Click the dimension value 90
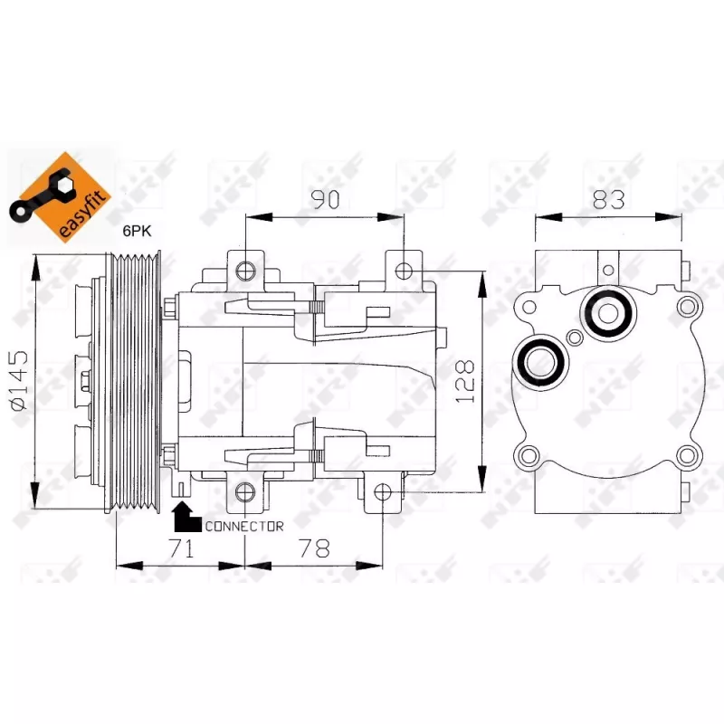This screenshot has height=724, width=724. [x=326, y=199]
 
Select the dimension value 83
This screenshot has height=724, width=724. [x=608, y=199]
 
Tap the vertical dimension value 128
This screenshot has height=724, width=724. [x=465, y=381]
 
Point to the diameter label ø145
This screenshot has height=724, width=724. [x=18, y=380]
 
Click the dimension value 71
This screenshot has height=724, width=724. [x=182, y=548]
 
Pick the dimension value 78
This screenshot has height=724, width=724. [x=314, y=548]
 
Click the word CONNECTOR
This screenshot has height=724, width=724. [x=244, y=527]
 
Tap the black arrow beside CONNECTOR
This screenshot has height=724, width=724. [x=187, y=517]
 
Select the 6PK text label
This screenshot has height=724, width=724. [x=137, y=231]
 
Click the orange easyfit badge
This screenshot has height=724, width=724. [x=60, y=197]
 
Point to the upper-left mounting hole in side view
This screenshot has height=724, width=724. [x=245, y=270]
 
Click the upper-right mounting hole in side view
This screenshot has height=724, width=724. [x=404, y=271]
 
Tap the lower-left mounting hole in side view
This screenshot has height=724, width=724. [x=245, y=492]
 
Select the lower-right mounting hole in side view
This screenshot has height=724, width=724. [x=383, y=492]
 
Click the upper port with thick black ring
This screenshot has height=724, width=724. [x=608, y=313]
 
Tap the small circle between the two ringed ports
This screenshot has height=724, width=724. [x=575, y=338]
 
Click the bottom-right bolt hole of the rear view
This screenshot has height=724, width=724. [x=687, y=456]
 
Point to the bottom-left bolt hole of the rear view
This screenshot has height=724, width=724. [x=529, y=456]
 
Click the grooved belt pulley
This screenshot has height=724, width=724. [x=138, y=382]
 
